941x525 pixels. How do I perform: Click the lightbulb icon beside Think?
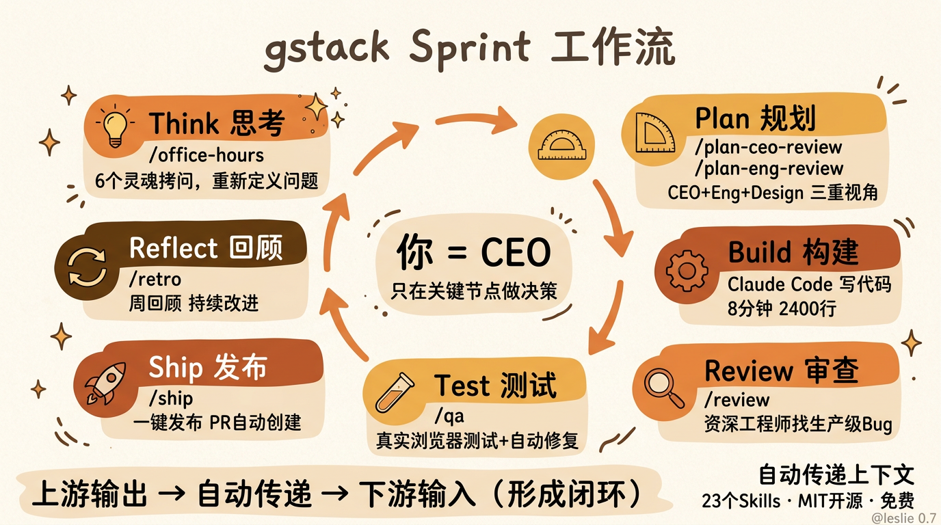coord(115,125)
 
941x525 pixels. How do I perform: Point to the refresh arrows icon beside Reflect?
coord(87,266)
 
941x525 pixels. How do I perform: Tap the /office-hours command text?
coord(206,156)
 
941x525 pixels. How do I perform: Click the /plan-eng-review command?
coord(769,168)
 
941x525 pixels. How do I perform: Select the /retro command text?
coord(155,279)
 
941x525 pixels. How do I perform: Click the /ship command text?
coord(171,398)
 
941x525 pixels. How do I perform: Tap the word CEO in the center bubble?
coord(516,254)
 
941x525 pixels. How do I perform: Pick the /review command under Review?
coord(737,400)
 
